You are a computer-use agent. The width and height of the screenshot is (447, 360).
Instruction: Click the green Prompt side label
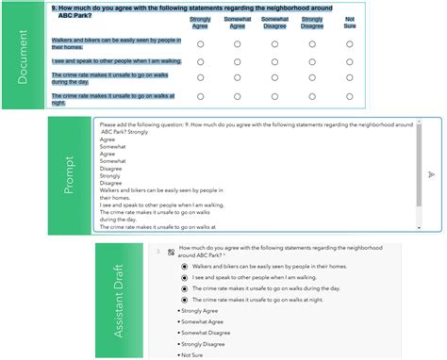pos(69,173)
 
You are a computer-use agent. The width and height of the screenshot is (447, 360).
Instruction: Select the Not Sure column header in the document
pos(349,23)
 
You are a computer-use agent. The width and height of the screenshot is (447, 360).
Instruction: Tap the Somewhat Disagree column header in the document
pos(274,23)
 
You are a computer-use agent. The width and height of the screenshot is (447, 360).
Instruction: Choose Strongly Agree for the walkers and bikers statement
pos(200,44)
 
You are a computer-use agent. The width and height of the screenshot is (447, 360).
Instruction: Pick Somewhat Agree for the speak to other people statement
pos(238,61)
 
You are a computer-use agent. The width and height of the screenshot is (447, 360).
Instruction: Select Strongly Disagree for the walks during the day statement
pos(312,78)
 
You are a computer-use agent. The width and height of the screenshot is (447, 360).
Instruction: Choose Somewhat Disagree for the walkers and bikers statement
pos(274,44)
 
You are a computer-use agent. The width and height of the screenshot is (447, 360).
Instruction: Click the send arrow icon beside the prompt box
pos(431,174)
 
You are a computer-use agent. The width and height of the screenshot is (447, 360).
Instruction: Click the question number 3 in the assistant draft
pos(157,251)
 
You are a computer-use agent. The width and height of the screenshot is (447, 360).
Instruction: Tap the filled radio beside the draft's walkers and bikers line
pos(184,268)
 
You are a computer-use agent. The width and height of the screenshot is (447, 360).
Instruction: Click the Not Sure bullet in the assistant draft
pos(194,354)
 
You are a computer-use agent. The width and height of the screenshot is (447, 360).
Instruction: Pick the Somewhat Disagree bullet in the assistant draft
pos(208,333)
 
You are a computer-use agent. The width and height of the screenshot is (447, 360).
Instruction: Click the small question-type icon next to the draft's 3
pos(170,251)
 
